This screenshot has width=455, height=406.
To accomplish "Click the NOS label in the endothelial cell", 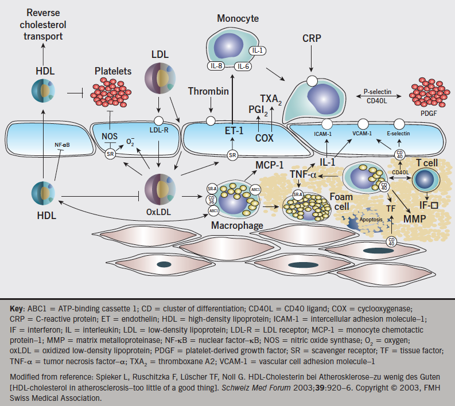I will (110, 136).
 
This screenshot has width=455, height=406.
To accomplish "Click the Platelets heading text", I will (112, 72).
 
